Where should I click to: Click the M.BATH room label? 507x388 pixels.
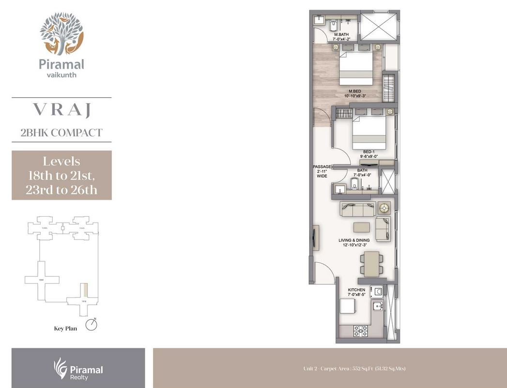[342, 35]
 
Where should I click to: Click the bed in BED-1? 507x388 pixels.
[369, 133]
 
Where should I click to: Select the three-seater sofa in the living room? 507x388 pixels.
[358, 209]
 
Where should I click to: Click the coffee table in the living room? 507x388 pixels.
[362, 227]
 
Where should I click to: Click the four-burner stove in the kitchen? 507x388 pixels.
[360, 330]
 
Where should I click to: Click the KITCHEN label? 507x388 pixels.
[356, 290]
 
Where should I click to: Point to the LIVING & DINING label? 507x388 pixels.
[354, 240]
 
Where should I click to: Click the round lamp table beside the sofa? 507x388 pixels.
[384, 208]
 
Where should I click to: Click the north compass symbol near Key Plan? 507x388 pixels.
[91, 325]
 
